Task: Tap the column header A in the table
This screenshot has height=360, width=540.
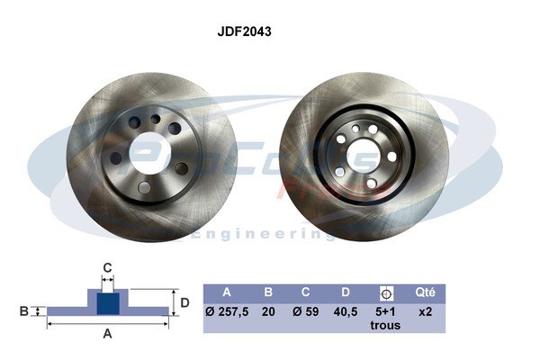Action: (x=227, y=292)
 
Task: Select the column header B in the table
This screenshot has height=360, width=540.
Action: (x=268, y=292)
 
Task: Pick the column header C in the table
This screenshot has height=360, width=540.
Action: (x=306, y=292)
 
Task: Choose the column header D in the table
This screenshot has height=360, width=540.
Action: (x=346, y=292)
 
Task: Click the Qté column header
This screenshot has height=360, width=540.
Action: (x=426, y=292)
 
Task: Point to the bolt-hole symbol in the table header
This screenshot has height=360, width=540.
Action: (x=387, y=292)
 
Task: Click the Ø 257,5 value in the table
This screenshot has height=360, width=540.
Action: (x=228, y=311)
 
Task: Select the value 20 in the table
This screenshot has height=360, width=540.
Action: (x=268, y=311)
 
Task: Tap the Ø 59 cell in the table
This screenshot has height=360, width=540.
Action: (x=306, y=311)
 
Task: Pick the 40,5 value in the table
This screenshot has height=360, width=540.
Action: (x=346, y=311)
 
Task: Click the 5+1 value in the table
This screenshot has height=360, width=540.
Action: (x=385, y=311)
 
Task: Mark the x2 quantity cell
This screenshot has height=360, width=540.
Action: (x=426, y=311)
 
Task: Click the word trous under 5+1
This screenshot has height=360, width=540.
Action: (x=385, y=326)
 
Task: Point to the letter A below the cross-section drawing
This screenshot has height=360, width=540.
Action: (x=107, y=334)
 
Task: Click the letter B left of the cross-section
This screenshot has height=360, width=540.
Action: (x=23, y=311)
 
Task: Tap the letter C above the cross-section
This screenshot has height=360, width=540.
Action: (x=106, y=267)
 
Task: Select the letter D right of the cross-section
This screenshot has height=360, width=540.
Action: (x=184, y=302)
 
